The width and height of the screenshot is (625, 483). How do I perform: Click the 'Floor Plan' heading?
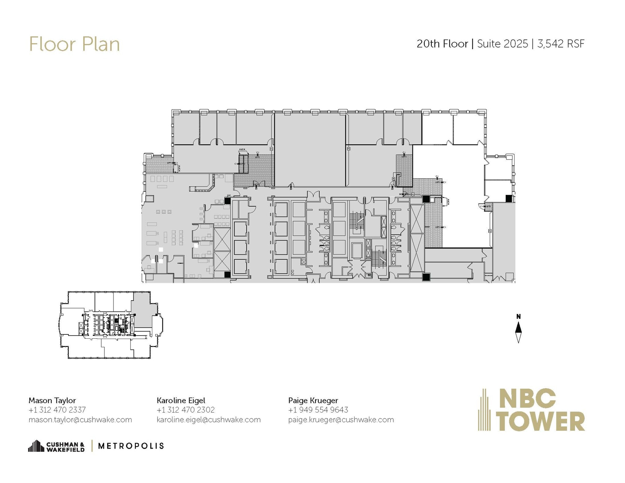[74, 45]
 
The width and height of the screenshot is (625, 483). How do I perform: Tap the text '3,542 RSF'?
[561, 44]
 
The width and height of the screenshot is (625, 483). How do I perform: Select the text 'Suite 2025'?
[502, 44]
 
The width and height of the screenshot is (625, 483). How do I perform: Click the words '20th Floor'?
[442, 44]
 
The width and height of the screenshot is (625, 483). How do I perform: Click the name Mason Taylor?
[52, 400]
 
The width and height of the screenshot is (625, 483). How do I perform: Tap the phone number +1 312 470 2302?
[186, 410]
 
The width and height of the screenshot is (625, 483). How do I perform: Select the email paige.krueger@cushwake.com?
[341, 420]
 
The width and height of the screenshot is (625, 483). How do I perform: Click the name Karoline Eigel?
[181, 400]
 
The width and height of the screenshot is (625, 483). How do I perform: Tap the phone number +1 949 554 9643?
[318, 410]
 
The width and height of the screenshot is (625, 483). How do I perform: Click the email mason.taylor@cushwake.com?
[80, 420]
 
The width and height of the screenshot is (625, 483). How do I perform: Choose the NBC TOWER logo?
[531, 409]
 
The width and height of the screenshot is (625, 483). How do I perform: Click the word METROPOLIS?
[131, 446]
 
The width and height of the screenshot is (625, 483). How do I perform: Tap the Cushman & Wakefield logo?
[56, 446]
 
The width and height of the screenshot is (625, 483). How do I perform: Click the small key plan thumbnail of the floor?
[110, 325]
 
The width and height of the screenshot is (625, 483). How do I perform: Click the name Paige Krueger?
[313, 400]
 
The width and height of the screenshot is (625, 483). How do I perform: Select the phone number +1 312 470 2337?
[57, 410]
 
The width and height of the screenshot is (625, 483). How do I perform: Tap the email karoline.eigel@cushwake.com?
[209, 420]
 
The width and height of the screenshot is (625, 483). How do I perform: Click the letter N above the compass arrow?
[518, 317]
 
